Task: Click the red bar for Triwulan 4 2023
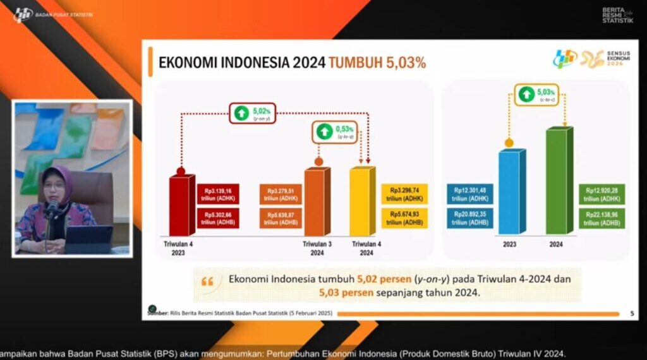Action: [181, 205]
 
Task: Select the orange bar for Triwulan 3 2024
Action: [317, 201]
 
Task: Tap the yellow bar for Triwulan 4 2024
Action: [361, 201]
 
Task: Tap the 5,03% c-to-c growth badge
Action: [537, 95]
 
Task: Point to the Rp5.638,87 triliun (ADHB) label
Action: [281, 219]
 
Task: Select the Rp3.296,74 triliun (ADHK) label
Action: [404, 194]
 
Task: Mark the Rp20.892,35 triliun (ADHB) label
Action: [470, 219]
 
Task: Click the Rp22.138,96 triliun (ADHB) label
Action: [602, 219]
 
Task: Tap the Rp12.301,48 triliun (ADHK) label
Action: [470, 194]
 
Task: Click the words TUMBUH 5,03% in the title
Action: [377, 63]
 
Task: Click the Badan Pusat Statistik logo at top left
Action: [23, 14]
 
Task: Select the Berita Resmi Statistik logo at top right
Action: [617, 15]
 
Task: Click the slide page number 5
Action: [632, 313]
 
